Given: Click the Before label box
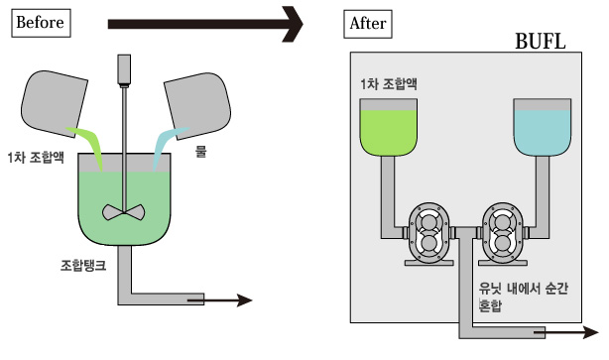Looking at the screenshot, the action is pos(41,23).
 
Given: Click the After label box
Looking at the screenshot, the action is pos(368,24).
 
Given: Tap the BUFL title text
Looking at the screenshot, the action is pos(540,41).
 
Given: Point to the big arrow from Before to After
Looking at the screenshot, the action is pos(205,24).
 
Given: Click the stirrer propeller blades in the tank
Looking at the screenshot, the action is pos(124,212).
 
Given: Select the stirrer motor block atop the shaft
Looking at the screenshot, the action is pos(124,70).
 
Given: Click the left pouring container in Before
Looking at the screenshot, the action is pos(54,103).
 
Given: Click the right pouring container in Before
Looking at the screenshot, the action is pos(197,105).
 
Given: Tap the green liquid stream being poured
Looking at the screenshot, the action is pos(87,145).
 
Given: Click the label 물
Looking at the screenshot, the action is pos(200,151).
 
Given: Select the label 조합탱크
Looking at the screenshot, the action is pos(83,265).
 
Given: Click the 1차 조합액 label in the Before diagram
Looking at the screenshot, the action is pos(36,158).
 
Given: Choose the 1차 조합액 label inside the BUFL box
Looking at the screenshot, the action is pos(389,84).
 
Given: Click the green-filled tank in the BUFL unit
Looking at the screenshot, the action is pos(389,127).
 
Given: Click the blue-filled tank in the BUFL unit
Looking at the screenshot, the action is pos(543,127).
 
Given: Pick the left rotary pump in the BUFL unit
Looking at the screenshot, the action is pos(428,234).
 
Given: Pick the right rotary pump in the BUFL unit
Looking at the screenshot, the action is pos(503,234).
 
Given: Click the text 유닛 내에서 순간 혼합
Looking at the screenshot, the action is pos(523,298).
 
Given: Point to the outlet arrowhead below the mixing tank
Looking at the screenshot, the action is pos(245,300).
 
